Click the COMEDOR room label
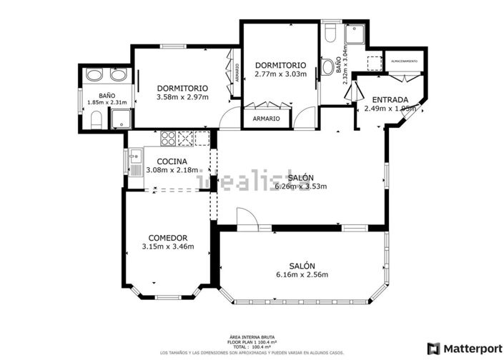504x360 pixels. coord(167,238)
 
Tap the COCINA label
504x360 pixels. coord(172,161)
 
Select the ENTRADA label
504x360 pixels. coord(386,100)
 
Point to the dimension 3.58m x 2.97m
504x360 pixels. coord(182,97)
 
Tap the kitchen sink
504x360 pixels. coord(134,163)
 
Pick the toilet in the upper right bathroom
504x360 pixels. coord(331,35)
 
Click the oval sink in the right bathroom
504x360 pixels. coord(328,67)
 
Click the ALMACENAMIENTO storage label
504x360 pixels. coord(405,62)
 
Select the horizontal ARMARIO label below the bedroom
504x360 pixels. coord(267,119)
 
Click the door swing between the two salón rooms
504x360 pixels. coord(244,217)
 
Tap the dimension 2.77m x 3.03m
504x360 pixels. coord(280,74)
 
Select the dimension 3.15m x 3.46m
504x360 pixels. coord(167,247)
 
